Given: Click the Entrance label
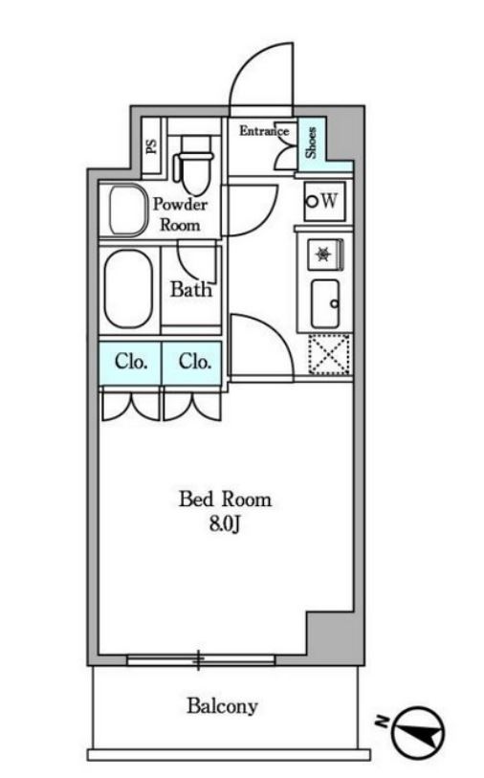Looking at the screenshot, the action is coord(264,131).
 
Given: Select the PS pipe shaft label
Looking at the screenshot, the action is coord(152,145).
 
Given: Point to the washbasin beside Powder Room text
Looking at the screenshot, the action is coord(127,211).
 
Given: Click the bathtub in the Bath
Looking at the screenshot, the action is coord(128,289).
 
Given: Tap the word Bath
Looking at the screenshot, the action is coord(191,289).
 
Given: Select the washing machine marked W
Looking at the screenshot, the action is coord(324,201).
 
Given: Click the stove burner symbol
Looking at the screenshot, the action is coord(324,254).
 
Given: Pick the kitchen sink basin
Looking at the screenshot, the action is coord(325,303).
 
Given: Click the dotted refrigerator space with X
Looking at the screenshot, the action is coord(329,354).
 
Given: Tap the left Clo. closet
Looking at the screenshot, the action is coord(130,363).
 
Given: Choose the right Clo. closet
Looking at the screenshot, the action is coord(192,363).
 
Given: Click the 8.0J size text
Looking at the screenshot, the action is coord(225,524).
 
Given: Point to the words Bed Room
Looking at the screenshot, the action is coord(225,500).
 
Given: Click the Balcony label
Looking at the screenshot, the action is coord(222,706).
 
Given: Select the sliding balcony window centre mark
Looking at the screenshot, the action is coord(198,660).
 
